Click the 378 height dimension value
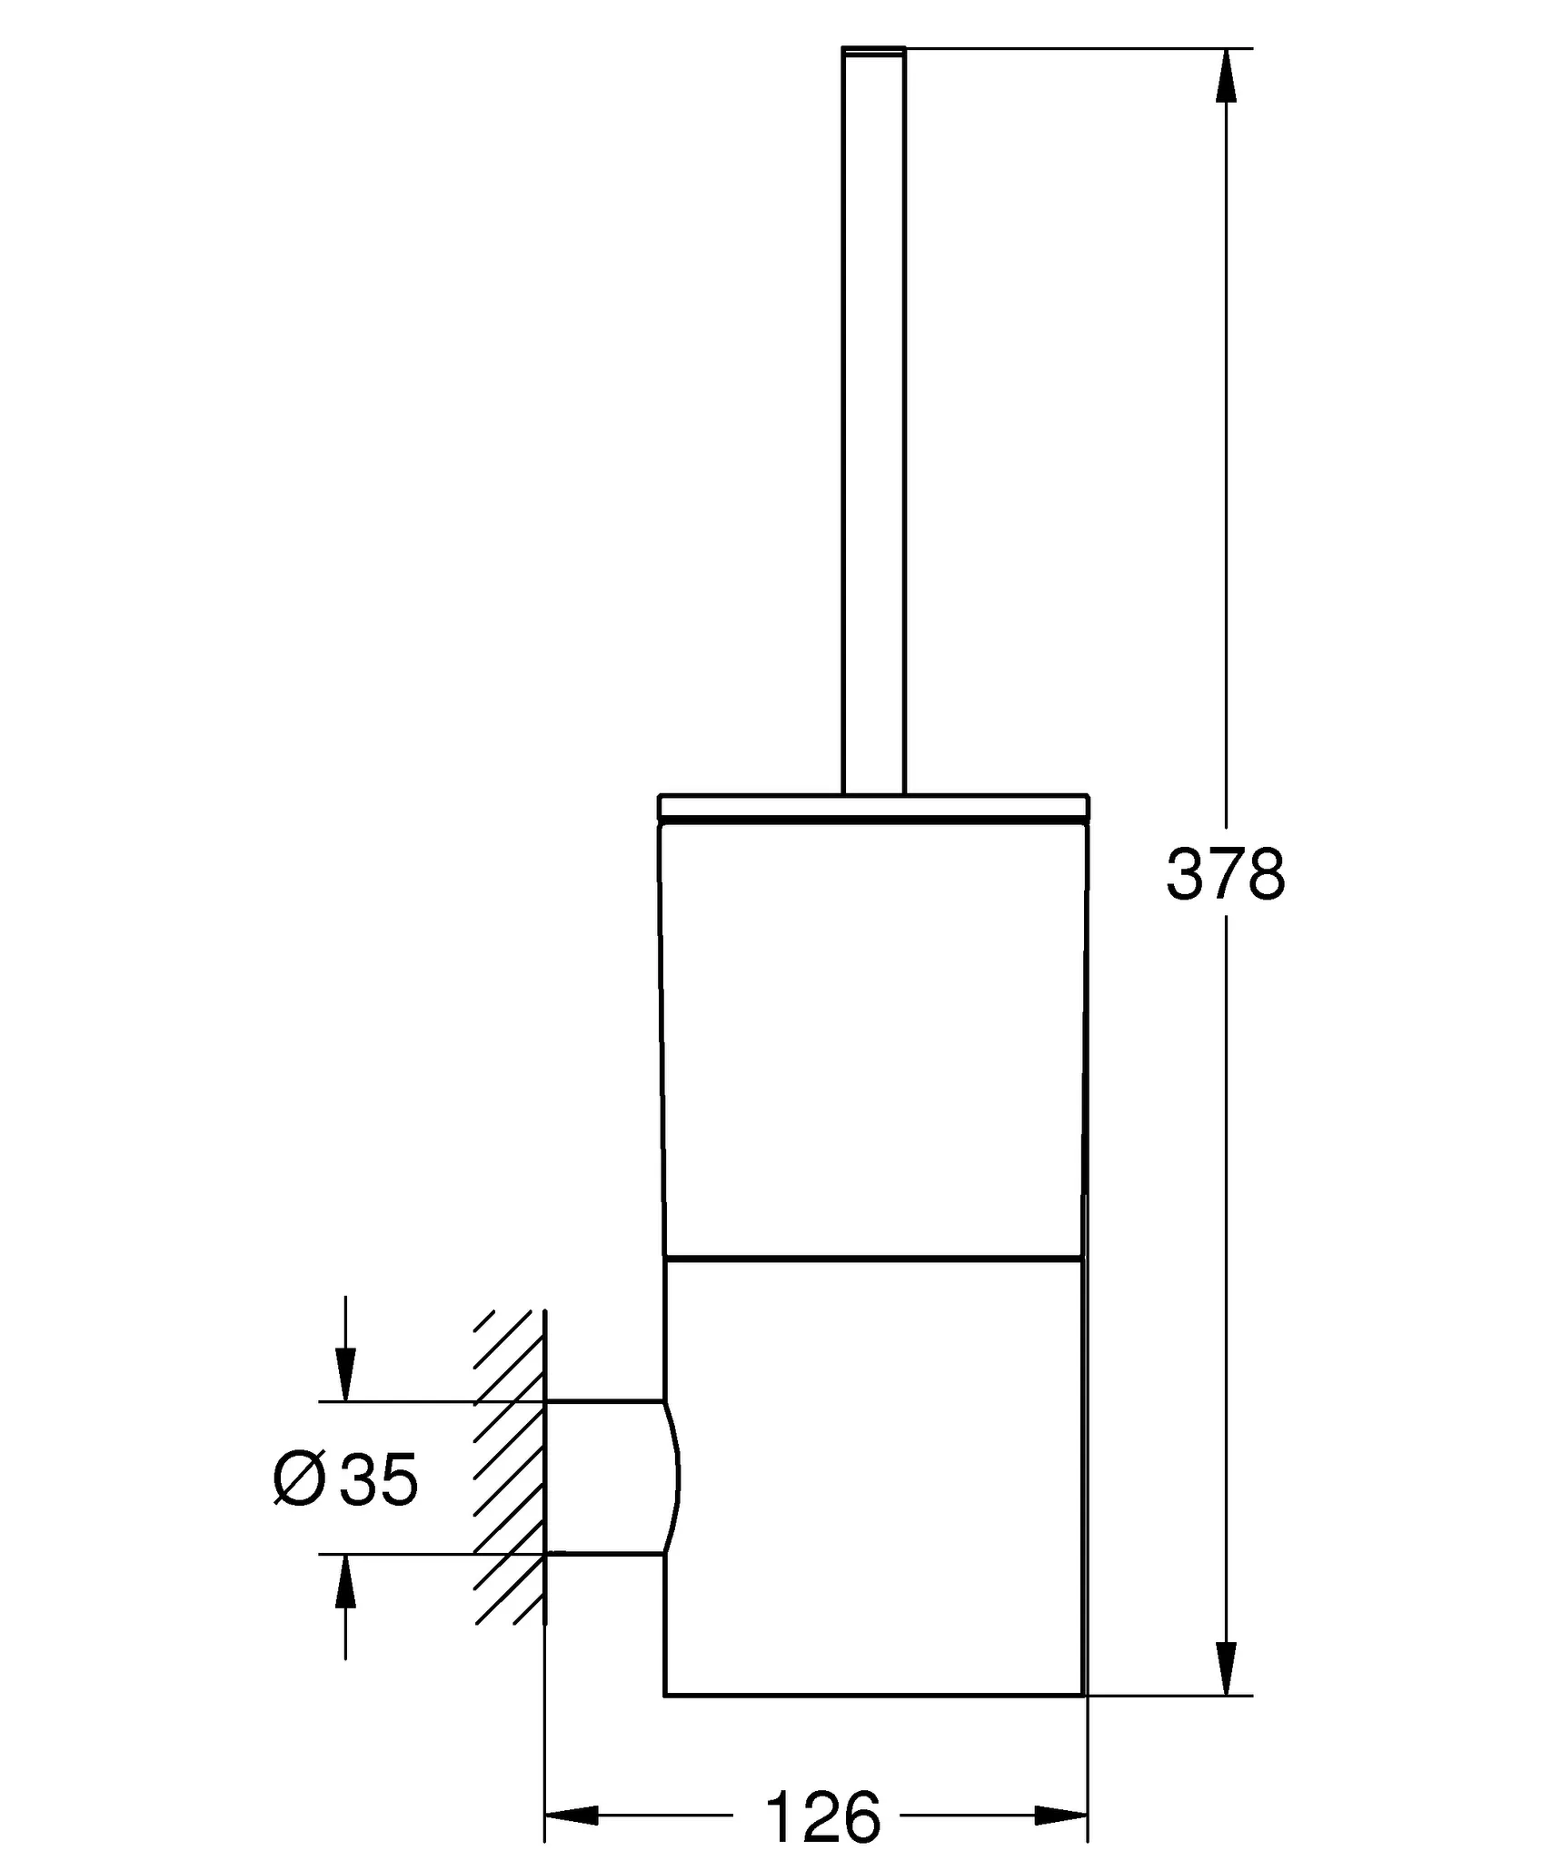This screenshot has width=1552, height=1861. click(1226, 874)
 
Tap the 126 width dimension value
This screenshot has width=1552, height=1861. click(823, 1764)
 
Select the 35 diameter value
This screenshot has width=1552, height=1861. click(378, 1479)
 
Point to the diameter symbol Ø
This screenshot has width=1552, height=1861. click(299, 1479)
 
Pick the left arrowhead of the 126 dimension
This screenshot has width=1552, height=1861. click(572, 1765)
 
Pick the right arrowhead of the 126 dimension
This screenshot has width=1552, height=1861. click(1060, 1765)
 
